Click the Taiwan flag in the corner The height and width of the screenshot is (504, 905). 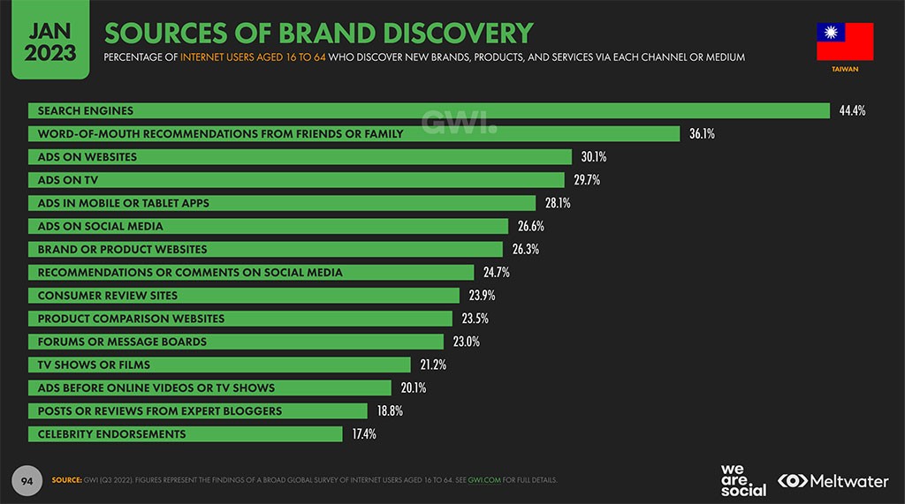coord(845,41)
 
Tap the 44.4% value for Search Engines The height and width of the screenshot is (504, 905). coord(852,111)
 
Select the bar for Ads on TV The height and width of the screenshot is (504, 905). coord(296,180)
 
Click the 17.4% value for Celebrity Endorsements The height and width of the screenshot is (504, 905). coord(364,434)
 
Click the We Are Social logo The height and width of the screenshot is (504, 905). coord(742,480)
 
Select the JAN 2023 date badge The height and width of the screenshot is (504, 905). coord(43,41)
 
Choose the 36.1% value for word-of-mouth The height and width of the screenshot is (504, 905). coord(702,134)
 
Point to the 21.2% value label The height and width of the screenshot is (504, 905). coord(433,365)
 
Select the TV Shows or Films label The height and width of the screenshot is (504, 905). coord(94,365)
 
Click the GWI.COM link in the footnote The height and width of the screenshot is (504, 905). coord(485,480)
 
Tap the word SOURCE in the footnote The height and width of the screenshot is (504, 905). coord(66,480)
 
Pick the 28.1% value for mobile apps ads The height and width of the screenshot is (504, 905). coord(558,203)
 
